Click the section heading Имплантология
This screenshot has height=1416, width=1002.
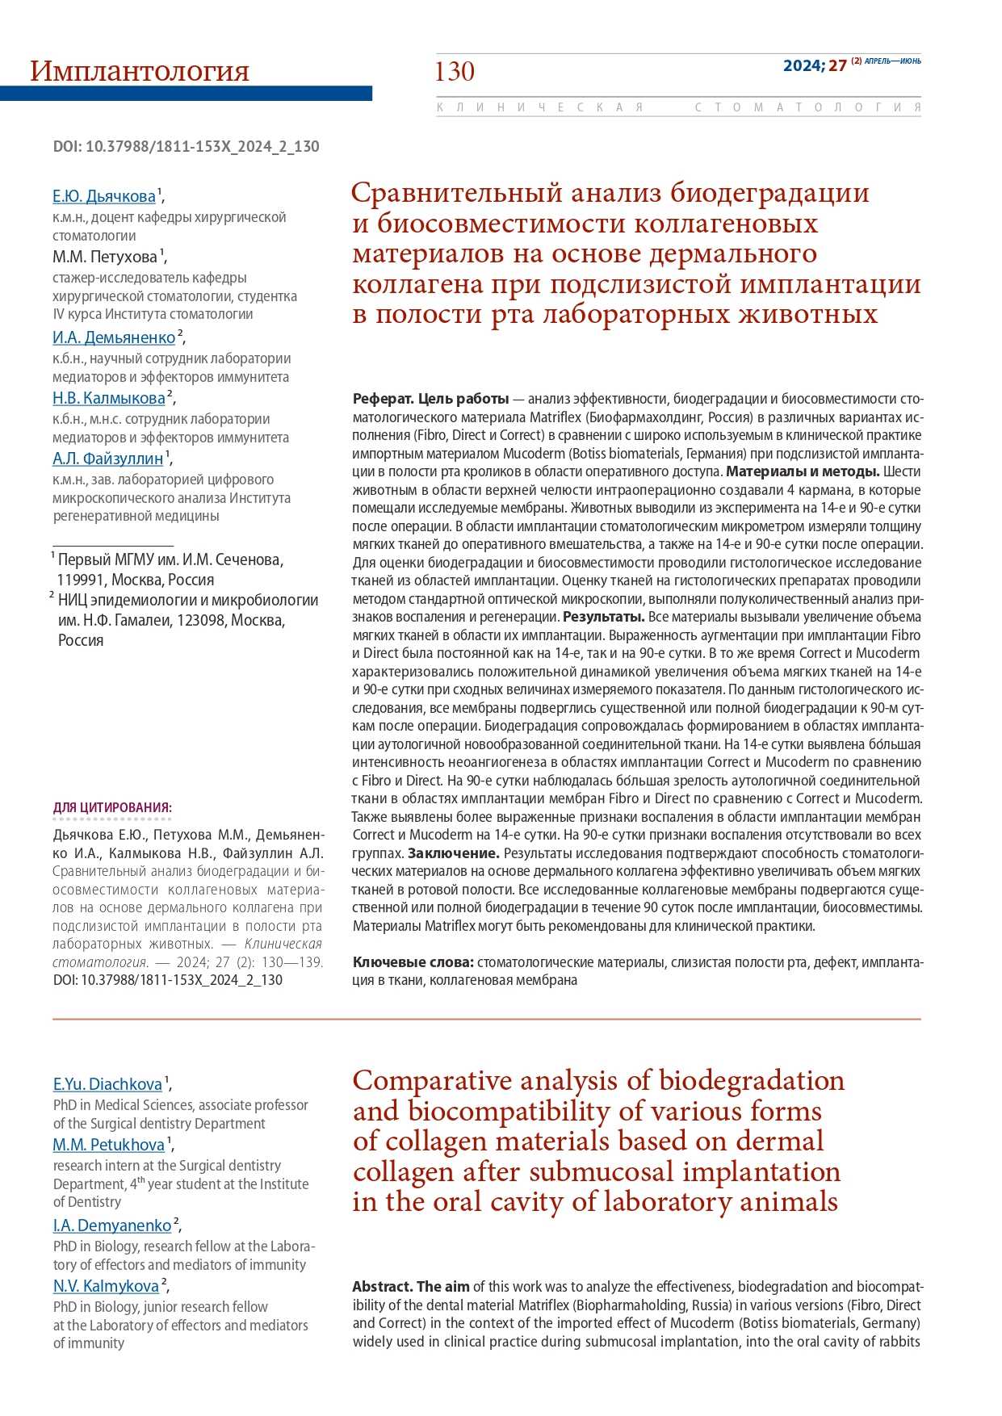(x=139, y=72)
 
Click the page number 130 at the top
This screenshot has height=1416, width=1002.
(x=455, y=72)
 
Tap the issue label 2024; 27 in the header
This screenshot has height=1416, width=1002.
(x=815, y=65)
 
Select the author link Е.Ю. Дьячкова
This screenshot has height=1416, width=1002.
(x=104, y=196)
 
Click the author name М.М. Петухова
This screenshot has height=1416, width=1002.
(x=105, y=258)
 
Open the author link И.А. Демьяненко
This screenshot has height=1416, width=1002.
(x=114, y=337)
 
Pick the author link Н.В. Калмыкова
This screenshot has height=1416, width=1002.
(x=109, y=398)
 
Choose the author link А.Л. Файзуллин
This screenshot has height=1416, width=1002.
(x=108, y=459)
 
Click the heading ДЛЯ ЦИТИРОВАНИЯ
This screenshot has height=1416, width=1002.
(x=112, y=807)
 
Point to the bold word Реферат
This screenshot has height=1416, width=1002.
(x=383, y=399)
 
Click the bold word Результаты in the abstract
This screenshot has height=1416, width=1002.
(x=603, y=617)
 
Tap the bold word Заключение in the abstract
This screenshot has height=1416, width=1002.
(x=453, y=853)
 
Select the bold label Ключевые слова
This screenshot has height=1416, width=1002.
(x=413, y=962)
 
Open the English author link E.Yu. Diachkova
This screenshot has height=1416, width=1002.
(x=107, y=1084)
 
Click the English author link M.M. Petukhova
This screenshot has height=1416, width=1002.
(x=109, y=1145)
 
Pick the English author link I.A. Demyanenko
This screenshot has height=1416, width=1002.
(x=112, y=1225)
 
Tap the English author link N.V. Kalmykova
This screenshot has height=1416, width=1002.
(x=106, y=1286)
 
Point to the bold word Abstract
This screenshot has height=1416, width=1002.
(x=383, y=1287)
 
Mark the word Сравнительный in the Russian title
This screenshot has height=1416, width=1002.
(x=456, y=193)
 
